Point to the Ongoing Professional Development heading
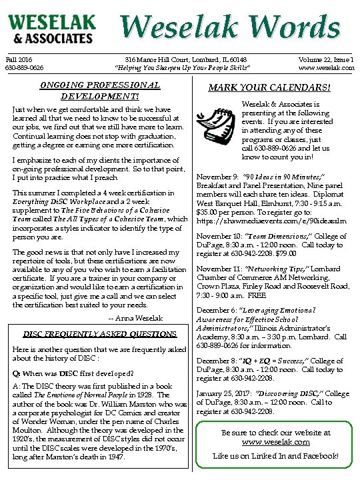100,90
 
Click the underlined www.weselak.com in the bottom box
276,442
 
